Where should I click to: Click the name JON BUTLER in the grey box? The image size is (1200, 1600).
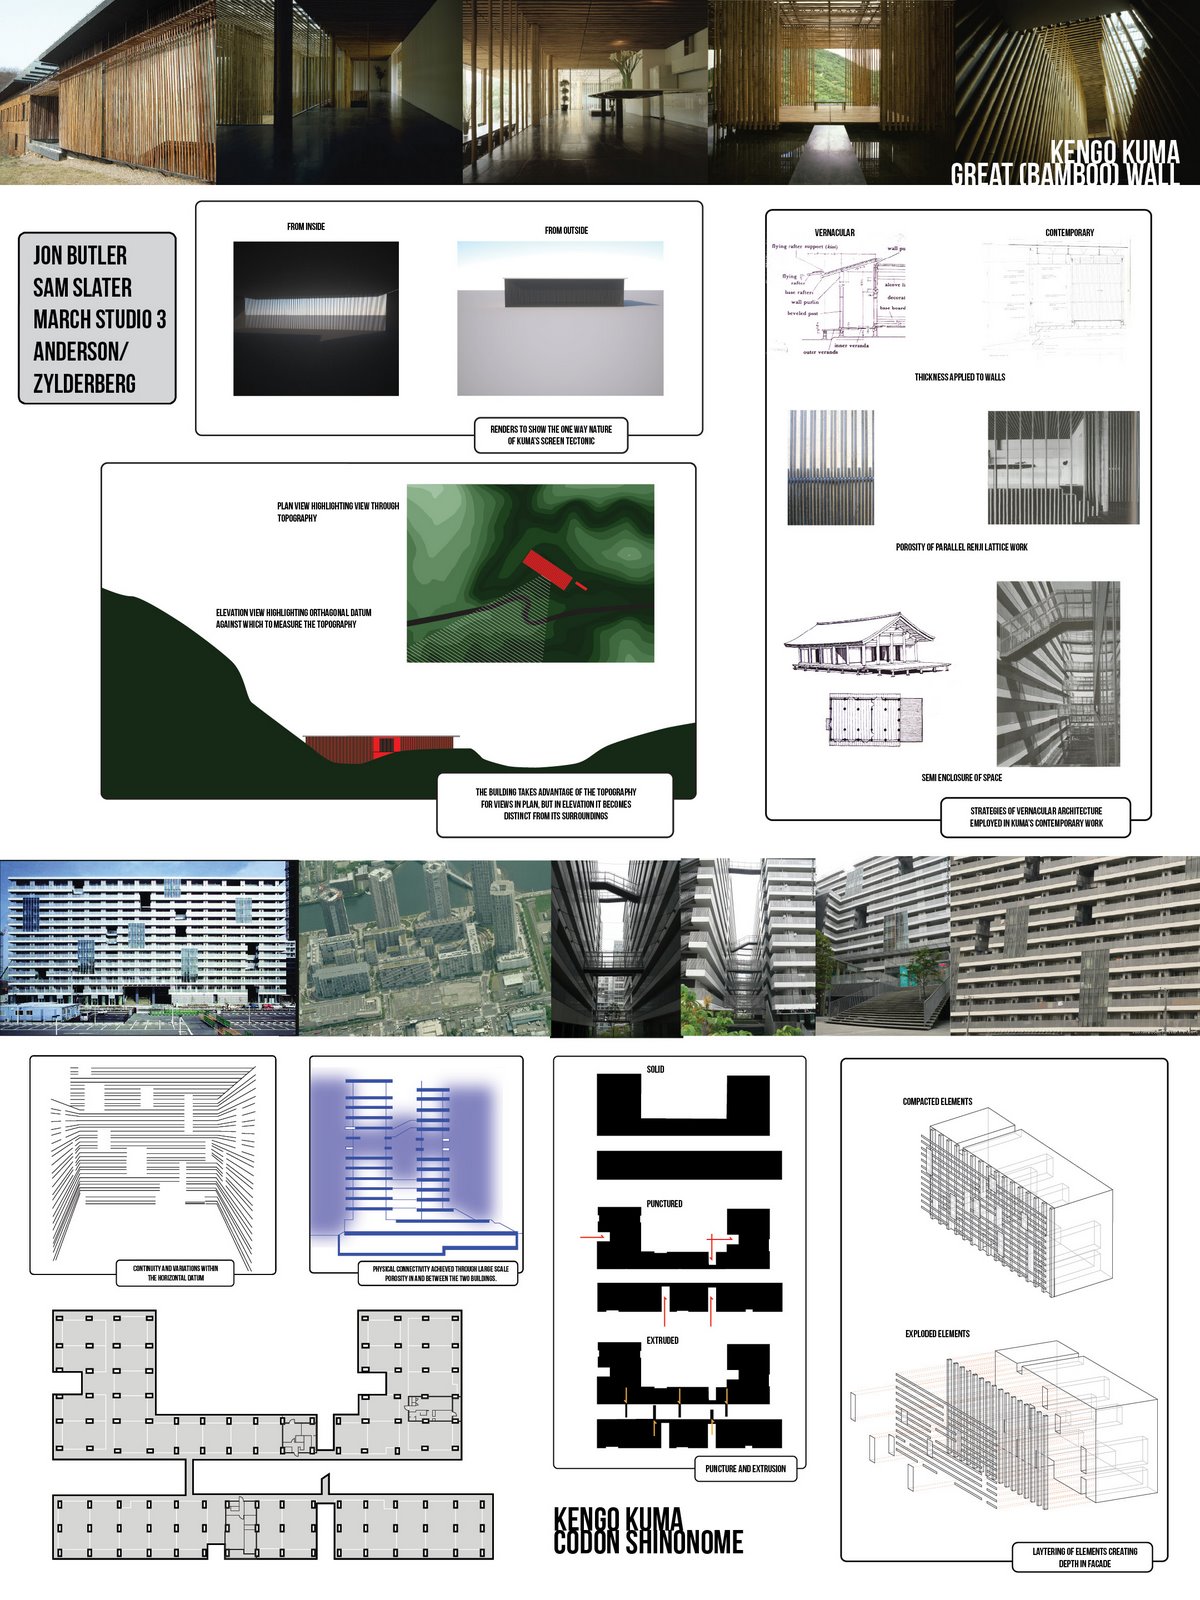point(80,255)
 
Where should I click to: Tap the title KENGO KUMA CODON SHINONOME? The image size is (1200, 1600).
point(648,1531)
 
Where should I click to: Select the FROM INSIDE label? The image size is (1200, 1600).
point(306,227)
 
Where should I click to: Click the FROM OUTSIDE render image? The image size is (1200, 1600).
point(560,318)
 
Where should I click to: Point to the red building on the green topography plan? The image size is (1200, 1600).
point(546,571)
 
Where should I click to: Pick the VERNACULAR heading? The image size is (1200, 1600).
point(834,233)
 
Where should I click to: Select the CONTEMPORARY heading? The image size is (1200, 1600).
point(1069,233)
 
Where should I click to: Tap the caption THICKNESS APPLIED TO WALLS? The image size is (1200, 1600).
point(959,377)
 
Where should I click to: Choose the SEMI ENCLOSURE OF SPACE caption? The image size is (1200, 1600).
point(961,777)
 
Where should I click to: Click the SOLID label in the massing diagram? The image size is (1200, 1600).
point(655,1070)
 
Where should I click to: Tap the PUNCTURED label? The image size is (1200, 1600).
point(664,1204)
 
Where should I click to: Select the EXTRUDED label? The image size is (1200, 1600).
point(662,1340)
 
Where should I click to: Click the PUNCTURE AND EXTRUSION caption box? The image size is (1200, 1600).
point(745,1469)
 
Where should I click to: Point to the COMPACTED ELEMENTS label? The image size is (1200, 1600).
point(937,1102)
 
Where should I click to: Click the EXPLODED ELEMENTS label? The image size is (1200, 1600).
point(937,1334)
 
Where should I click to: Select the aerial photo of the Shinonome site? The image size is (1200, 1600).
point(424,947)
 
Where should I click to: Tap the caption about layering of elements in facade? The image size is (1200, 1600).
point(1084,1557)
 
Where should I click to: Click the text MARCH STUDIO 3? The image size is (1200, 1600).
point(99,320)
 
